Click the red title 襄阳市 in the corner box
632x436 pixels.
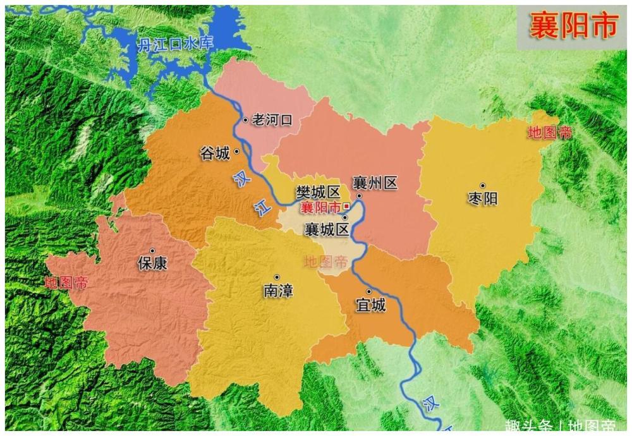572,27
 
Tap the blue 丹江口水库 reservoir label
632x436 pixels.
176,44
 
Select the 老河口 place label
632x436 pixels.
272,120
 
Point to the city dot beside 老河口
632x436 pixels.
245,120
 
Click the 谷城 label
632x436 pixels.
215,153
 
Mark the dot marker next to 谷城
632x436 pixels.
236,152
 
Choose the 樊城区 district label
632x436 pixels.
319,191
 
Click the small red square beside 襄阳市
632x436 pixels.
346,206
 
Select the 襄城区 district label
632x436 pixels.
327,229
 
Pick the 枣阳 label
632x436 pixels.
482,198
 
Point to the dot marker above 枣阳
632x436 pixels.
482,185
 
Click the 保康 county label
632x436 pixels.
152,263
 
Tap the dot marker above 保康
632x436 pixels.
152,250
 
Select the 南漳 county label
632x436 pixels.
278,291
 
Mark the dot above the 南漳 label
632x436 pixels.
277,277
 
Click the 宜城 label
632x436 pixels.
370,306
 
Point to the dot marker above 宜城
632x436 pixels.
368,291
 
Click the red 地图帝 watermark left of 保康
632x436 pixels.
66,283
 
